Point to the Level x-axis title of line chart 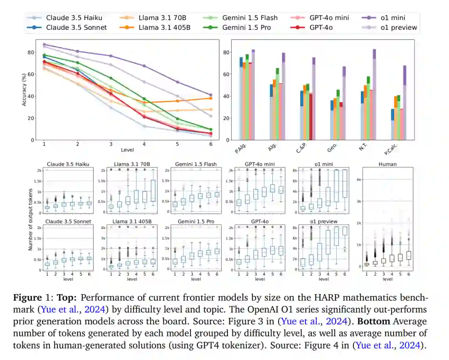click(x=127, y=150)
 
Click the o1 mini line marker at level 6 click(x=211, y=95)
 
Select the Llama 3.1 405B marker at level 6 click(x=211, y=98)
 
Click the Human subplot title click(x=387, y=164)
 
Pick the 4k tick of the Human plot click(x=358, y=180)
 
